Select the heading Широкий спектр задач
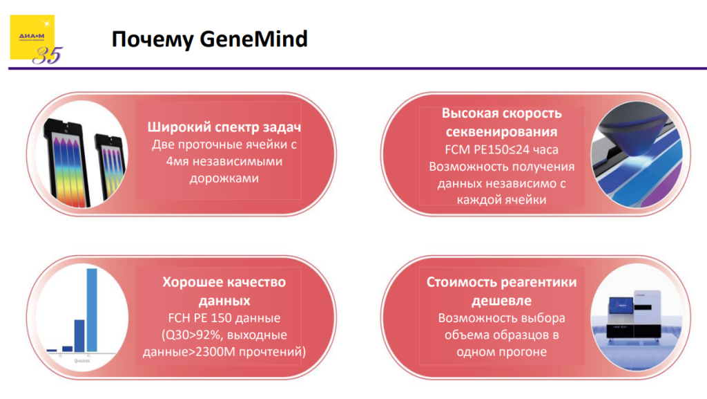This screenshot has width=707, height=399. click(224, 128)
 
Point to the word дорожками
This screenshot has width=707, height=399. click(224, 178)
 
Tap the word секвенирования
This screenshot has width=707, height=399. click(501, 131)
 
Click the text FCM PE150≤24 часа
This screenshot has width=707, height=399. click(501, 149)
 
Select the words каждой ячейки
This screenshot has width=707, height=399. click(501, 200)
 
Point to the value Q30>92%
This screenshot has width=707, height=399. click(191, 335)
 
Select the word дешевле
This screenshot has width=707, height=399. click(501, 301)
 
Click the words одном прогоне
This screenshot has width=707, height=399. click(501, 352)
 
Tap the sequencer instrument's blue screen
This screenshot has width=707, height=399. click(619, 303)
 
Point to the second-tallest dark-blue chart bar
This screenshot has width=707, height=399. click(79, 335)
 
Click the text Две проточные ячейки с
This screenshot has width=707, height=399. click(224, 145)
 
